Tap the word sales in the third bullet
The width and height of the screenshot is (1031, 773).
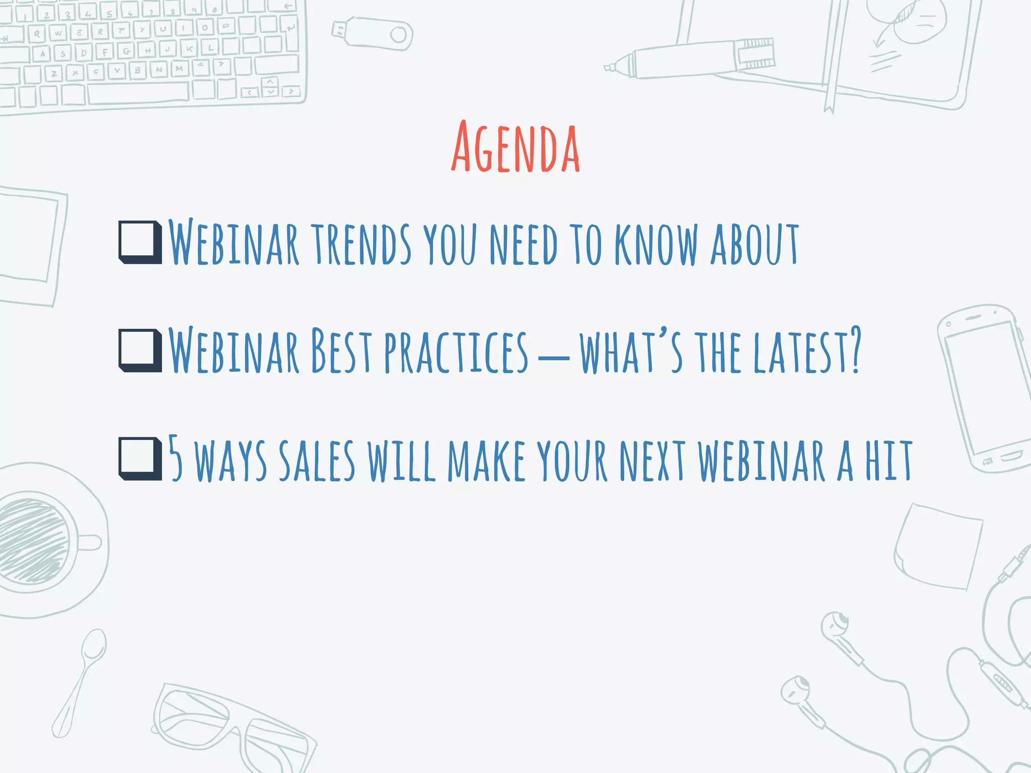click(x=317, y=460)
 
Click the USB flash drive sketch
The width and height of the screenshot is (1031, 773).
click(x=373, y=33)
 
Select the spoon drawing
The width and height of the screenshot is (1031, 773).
click(x=81, y=682)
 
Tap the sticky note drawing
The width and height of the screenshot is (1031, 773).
click(x=939, y=546)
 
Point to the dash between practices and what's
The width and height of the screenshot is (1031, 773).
click(x=553, y=358)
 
